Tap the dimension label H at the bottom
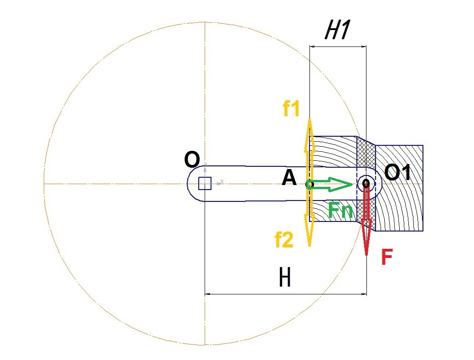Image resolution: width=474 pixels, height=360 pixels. (285, 278)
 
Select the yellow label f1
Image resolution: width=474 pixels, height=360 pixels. (291, 108)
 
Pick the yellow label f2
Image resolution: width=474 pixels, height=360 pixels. (284, 240)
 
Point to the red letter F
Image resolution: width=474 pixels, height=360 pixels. (387, 257)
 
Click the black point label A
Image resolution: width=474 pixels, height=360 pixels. (289, 178)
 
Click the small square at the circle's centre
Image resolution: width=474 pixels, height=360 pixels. (205, 184)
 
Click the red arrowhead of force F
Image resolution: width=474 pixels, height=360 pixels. (366, 238)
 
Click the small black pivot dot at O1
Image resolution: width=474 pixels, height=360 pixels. (366, 183)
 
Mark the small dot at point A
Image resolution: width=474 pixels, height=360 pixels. (309, 184)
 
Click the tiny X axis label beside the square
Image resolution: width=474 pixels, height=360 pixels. (222, 181)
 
